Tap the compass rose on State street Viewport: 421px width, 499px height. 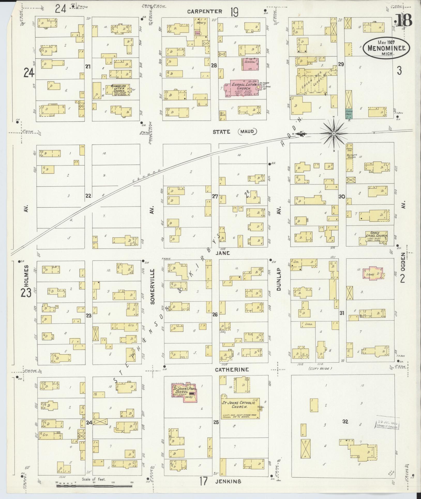pos(334,133)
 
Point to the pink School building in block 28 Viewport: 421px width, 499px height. pos(250,64)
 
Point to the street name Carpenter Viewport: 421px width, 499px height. pos(205,11)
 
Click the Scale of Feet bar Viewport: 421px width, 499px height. pos(94,486)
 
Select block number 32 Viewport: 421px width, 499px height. pos(345,422)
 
